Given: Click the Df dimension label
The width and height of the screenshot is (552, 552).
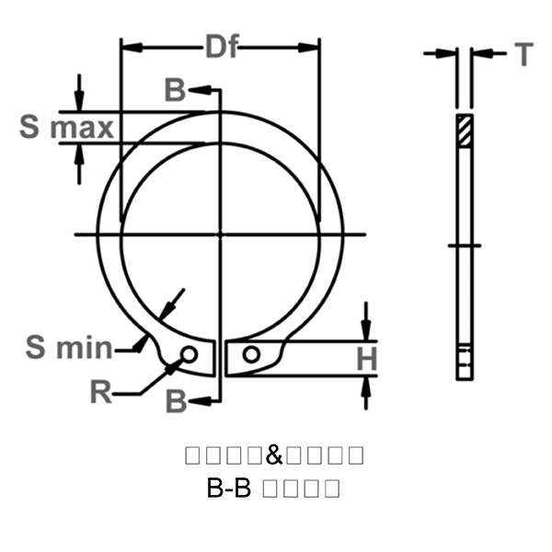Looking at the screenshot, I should tap(221, 47).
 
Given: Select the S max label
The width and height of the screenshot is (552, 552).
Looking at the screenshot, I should tap(66, 127).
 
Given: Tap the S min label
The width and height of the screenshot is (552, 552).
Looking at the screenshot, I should tap(68, 347).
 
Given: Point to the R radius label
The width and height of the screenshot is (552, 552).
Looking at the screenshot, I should tap(101, 393).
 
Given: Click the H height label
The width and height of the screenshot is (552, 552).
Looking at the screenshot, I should tap(367, 360).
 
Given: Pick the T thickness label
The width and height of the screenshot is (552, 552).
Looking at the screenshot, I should tap(523, 55).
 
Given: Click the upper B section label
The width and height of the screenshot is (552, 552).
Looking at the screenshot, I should tap(175, 90).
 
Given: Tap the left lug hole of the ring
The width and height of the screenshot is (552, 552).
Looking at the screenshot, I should tap(190, 354).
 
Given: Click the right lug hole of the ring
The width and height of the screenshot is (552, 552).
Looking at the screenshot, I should tap(250, 354).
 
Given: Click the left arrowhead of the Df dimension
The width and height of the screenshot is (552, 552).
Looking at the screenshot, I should tap(129, 47).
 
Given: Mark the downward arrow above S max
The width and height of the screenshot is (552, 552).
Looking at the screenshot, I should tap(80, 102).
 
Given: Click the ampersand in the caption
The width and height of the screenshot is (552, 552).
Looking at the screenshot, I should tap(275, 454).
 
